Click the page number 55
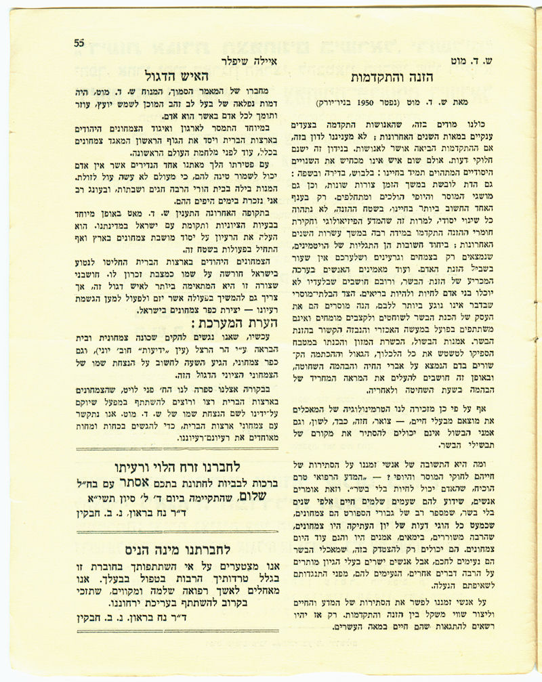pos(79,42)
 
